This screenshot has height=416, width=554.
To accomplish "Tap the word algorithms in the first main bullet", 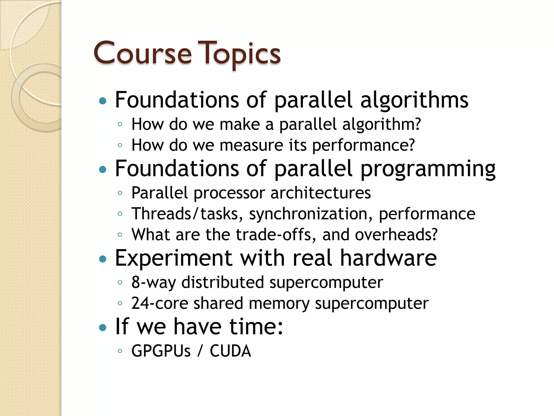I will pyautogui.click(x=414, y=100).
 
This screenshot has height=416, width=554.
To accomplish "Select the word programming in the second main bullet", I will pyautogui.click(x=428, y=169).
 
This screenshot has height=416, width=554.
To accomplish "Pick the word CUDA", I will pyautogui.click(x=230, y=351).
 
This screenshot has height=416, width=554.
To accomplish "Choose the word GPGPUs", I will pyautogui.click(x=161, y=351).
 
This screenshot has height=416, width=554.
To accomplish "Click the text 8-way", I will pyautogui.click(x=153, y=283).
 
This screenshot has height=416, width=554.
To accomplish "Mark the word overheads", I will pyautogui.click(x=396, y=235).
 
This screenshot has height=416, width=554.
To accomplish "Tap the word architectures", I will pyautogui.click(x=321, y=193).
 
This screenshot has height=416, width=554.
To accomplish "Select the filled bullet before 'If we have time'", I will pyautogui.click(x=103, y=328).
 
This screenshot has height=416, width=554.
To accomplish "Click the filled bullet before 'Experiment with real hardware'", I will pyautogui.click(x=103, y=259).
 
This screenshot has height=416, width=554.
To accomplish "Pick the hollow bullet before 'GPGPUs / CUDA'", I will pyautogui.click(x=120, y=351).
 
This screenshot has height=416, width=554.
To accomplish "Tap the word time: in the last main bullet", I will pyautogui.click(x=256, y=327).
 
